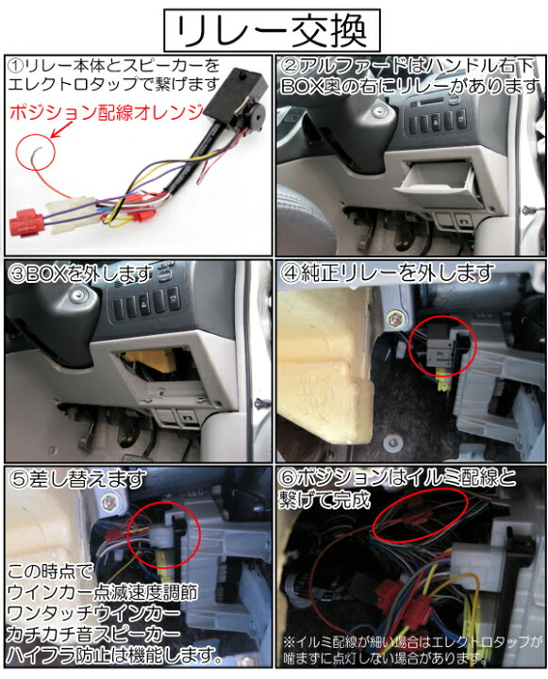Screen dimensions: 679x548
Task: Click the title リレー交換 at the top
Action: [x=274, y=27]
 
